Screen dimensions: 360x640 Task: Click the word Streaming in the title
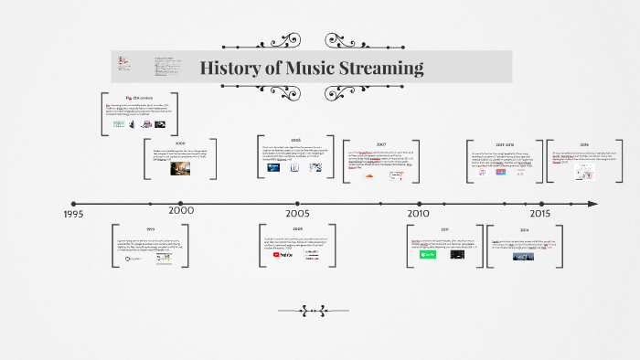(x=378, y=68)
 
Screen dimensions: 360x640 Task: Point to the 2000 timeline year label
(x=181, y=210)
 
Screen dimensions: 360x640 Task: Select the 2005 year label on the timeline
(x=298, y=212)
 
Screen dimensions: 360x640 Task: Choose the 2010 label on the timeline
(x=419, y=213)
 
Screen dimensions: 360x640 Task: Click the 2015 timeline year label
(x=539, y=213)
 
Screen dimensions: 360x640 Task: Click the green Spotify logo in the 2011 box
(x=428, y=255)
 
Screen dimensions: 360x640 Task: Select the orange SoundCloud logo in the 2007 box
(x=370, y=175)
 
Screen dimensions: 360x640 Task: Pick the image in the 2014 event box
(x=524, y=257)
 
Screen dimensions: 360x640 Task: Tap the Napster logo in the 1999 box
(x=134, y=259)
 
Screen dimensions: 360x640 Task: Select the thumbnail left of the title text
(x=125, y=64)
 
